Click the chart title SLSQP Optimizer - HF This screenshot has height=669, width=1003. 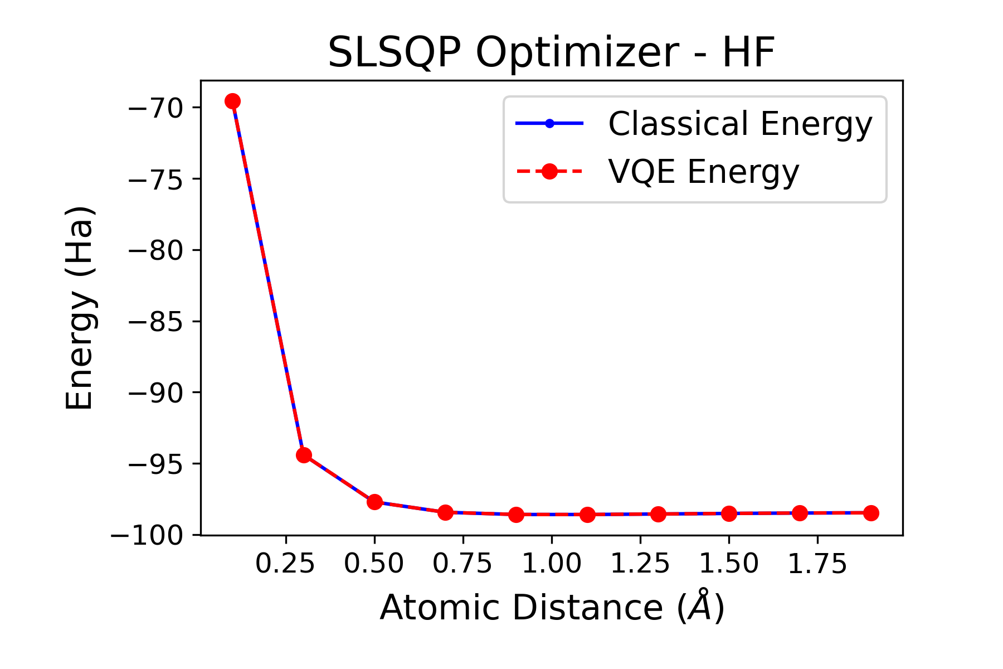click(551, 52)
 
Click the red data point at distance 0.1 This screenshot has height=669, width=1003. click(232, 101)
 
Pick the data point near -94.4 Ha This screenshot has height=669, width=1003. click(304, 455)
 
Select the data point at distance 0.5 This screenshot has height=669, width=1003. click(374, 502)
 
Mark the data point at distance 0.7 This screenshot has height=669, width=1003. click(445, 512)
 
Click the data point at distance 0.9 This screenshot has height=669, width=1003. click(516, 515)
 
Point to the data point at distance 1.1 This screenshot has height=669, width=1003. click(587, 515)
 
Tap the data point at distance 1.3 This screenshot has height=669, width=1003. click(658, 514)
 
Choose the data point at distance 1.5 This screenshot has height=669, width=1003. click(729, 513)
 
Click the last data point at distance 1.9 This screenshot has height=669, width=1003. click(871, 513)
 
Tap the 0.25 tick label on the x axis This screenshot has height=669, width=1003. click(285, 564)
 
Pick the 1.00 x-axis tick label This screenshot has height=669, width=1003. click(552, 564)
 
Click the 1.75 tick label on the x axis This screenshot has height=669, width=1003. click(817, 564)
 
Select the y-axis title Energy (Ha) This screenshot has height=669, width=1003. click(80, 308)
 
